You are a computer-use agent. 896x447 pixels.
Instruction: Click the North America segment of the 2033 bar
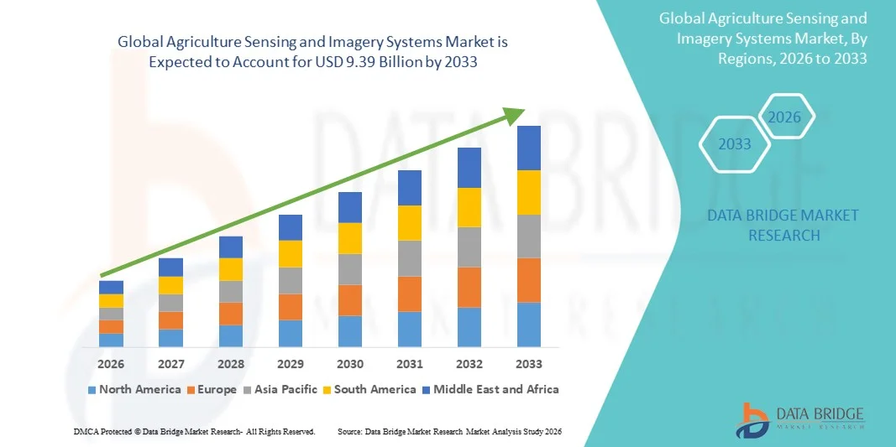[529, 325]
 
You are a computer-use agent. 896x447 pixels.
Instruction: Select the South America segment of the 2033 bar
[529, 192]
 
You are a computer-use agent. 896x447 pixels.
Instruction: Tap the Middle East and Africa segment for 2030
[350, 207]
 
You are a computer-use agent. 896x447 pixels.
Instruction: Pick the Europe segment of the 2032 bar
[469, 287]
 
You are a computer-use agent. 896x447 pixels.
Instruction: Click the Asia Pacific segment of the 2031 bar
[410, 258]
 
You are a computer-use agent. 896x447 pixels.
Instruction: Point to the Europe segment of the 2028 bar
[231, 314]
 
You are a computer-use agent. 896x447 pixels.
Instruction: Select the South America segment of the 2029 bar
[291, 253]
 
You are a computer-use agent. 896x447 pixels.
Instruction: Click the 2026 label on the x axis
[111, 364]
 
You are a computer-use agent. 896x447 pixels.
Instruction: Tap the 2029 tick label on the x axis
[291, 364]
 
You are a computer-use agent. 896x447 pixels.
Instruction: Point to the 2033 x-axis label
[529, 364]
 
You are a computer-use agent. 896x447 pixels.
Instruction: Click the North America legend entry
[134, 389]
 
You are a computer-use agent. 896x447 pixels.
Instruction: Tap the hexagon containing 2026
[785, 117]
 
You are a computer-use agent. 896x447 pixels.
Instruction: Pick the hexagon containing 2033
[735, 144]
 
